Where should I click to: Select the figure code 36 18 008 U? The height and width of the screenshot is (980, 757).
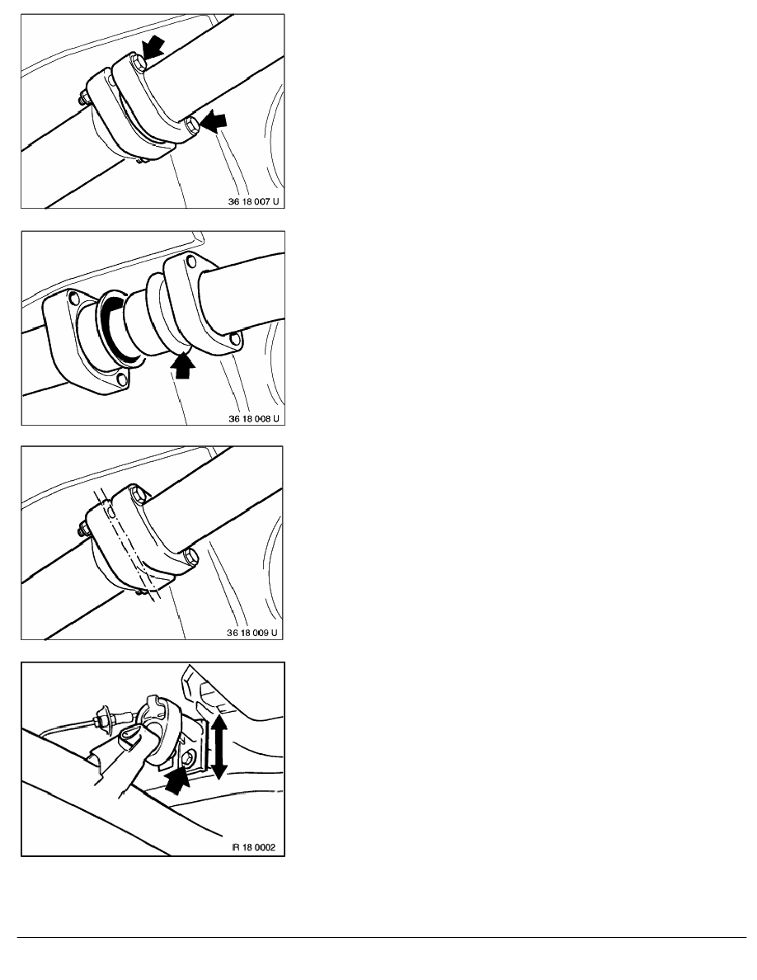[x=254, y=418]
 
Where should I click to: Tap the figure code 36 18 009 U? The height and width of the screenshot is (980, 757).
[x=254, y=633]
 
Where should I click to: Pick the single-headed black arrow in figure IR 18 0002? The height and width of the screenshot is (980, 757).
[x=176, y=779]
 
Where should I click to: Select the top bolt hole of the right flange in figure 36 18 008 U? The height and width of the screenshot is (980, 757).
[x=192, y=264]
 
